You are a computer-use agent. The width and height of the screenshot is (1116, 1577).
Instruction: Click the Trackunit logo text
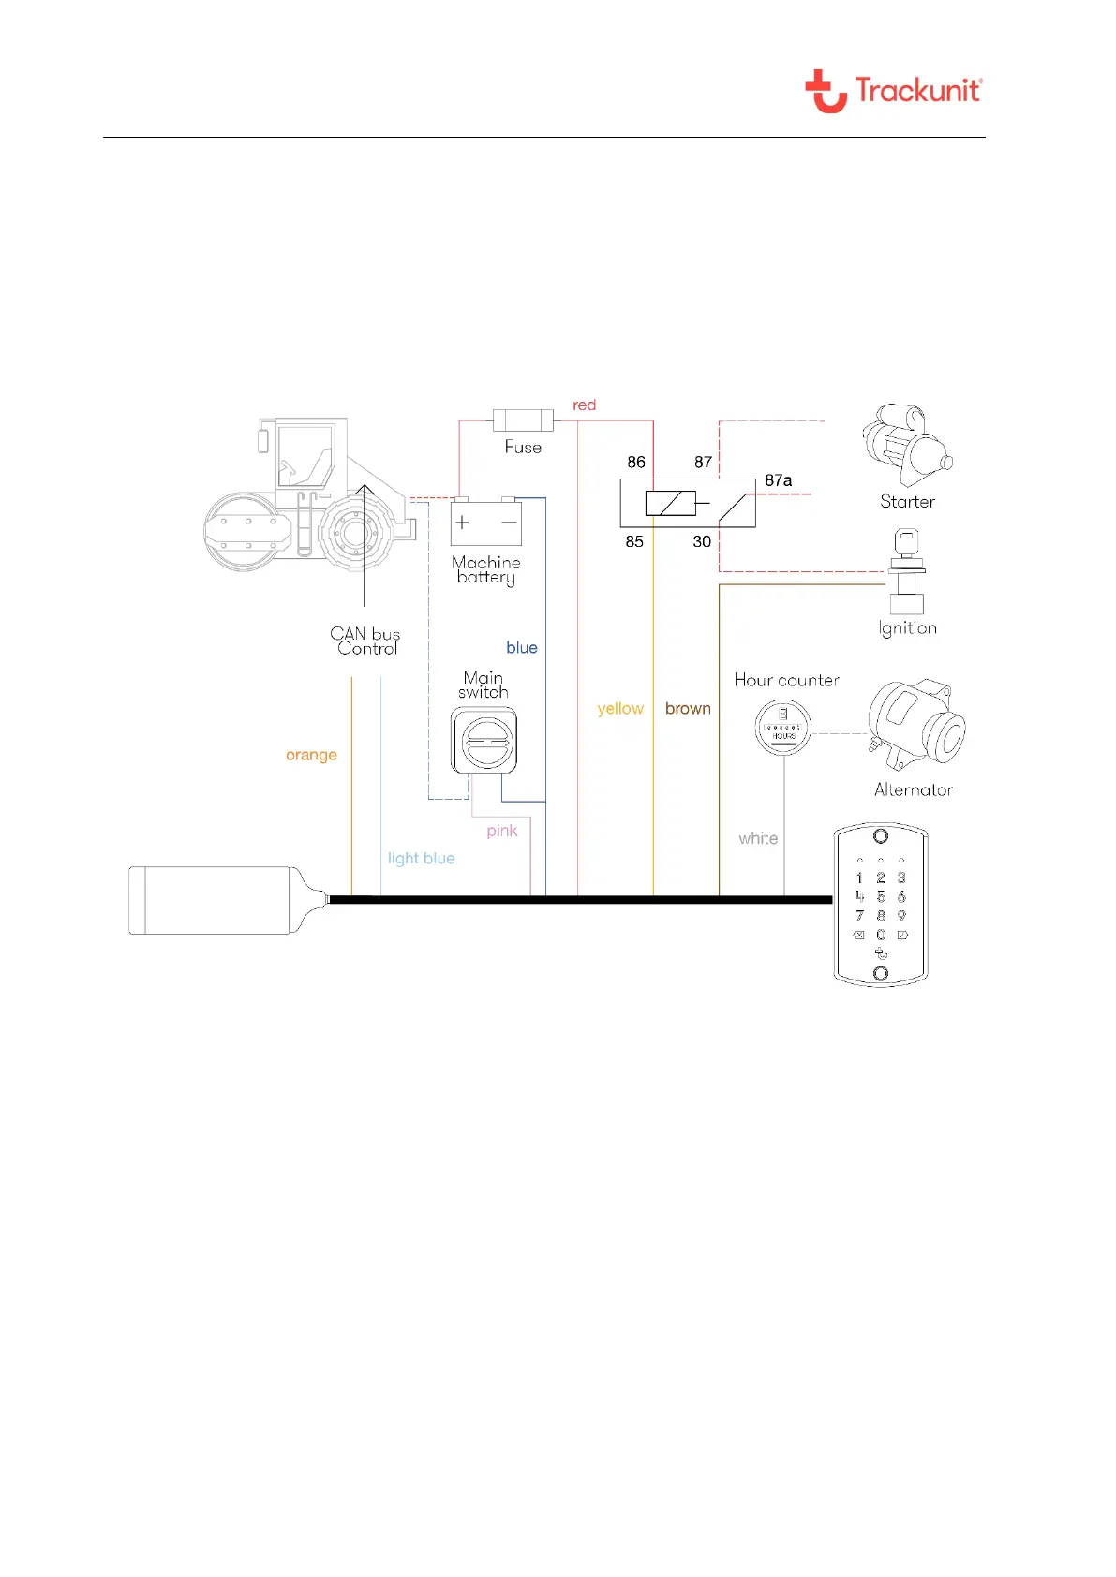coord(917,91)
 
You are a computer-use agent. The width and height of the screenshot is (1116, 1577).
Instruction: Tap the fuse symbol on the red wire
coord(523,420)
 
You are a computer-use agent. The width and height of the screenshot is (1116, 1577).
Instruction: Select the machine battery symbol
coord(485,523)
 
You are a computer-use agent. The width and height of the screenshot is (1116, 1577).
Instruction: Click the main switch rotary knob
coord(484,741)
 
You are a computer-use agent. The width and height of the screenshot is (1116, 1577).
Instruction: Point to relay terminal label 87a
coord(778,480)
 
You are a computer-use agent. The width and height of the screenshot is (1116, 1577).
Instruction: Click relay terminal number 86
coord(636,462)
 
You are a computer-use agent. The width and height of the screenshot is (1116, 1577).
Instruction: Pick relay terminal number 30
coord(702,541)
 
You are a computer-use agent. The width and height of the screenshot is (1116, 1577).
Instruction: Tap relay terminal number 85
coord(634,541)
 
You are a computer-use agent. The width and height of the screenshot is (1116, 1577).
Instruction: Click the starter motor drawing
coord(905,445)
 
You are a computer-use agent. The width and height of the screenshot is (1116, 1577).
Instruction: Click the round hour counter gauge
coord(783,727)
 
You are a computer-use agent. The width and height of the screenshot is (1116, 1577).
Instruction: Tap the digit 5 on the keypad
coord(881,897)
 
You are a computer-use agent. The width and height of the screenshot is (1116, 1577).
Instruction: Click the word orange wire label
coord(311,755)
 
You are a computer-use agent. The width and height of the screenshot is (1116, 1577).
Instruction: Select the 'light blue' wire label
coord(421,858)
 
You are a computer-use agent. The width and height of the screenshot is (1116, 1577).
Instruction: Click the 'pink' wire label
coord(501,831)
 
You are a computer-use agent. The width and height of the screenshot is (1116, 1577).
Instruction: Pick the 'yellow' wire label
coord(620,709)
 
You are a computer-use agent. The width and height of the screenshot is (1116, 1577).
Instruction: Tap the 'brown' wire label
coord(688,709)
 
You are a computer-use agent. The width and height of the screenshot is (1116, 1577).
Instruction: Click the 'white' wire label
coord(758,838)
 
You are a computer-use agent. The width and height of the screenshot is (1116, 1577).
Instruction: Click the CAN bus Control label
coord(365,641)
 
